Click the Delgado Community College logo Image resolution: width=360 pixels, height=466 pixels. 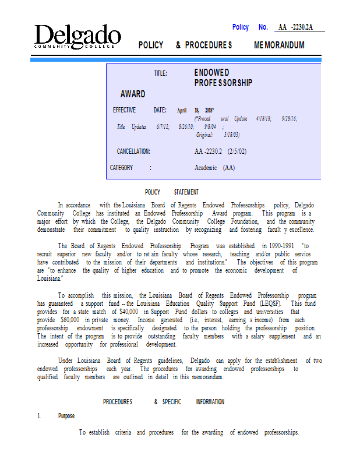(77, 36)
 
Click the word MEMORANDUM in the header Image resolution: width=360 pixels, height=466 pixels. (279, 45)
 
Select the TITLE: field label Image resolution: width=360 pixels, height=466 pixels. (160, 73)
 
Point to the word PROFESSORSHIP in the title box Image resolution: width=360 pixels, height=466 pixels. (223, 83)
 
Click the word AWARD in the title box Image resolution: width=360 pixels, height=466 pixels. (133, 94)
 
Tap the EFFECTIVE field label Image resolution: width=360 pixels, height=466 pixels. (124, 110)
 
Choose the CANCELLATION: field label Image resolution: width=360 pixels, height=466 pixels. (133, 151)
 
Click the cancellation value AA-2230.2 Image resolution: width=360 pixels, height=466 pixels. (209, 151)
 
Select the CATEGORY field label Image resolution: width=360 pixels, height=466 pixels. (122, 168)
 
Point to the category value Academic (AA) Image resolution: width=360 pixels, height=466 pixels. (214, 168)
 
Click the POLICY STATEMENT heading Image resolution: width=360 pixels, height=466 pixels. (171, 192)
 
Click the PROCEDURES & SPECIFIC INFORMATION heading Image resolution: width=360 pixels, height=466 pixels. (164, 402)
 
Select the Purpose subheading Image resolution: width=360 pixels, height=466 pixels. (66, 416)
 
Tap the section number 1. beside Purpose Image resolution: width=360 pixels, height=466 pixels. (40, 416)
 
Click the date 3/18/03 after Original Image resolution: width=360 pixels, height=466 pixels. (231, 135)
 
